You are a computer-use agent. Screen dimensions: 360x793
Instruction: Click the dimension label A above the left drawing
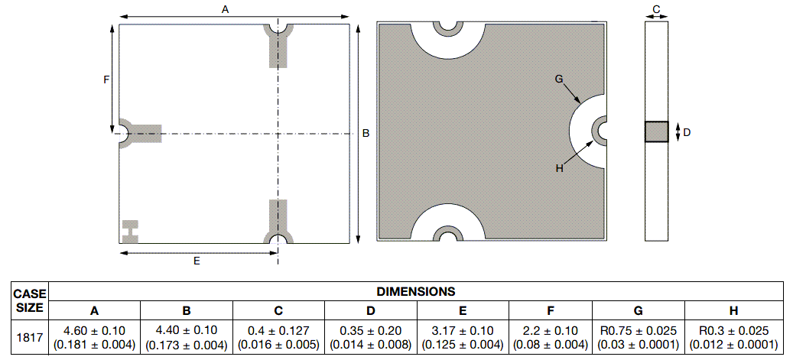point(225,8)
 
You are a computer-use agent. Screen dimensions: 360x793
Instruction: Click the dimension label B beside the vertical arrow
point(366,133)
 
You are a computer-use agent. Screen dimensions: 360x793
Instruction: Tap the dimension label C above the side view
point(656,9)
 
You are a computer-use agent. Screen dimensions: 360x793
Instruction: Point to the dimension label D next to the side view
point(687,132)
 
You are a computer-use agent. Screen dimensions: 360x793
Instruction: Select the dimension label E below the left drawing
point(197,261)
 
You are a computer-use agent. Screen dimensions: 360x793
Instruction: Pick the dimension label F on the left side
point(107,79)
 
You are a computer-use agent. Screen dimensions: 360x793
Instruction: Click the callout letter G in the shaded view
point(559,79)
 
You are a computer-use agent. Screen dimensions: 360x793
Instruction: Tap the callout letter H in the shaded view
point(559,168)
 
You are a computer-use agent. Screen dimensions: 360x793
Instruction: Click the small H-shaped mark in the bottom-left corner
point(131,229)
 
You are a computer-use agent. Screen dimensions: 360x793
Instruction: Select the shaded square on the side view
point(656,132)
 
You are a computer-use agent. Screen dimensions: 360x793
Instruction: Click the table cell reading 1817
point(31,337)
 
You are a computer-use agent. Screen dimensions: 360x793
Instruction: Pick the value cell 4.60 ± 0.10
point(95,337)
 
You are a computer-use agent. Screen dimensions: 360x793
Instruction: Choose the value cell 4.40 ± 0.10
point(187,337)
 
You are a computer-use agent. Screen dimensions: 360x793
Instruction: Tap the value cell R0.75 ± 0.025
point(639,337)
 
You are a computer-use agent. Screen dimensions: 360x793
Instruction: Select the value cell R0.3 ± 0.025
point(734,337)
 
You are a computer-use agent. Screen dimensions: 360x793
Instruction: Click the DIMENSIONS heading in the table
point(416,291)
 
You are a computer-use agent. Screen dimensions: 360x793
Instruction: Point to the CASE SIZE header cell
point(31,300)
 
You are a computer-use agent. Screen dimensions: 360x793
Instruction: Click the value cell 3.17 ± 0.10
point(463,337)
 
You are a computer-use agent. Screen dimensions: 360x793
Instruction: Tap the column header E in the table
point(463,310)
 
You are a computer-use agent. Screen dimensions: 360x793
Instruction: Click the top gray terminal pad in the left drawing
point(278,47)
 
